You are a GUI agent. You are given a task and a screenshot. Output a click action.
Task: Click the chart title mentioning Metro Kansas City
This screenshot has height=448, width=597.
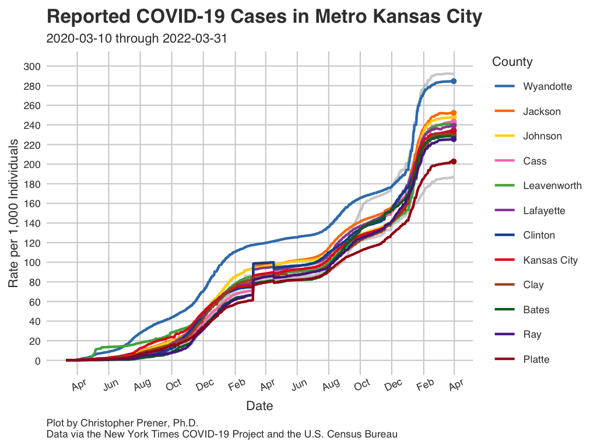(264, 17)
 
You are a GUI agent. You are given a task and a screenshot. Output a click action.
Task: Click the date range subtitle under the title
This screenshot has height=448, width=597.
(136, 39)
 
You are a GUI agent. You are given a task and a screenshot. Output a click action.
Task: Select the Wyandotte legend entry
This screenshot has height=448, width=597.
(547, 86)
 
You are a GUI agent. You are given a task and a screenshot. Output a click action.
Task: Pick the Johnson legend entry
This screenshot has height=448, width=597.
(542, 136)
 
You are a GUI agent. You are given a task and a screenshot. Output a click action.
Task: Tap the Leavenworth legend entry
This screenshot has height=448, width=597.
(552, 185)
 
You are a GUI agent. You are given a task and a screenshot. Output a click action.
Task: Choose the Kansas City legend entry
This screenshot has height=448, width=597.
(550, 260)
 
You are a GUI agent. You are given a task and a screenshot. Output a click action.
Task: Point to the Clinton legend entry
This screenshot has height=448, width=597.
(539, 235)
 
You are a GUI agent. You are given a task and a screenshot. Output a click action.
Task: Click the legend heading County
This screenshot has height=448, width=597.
(512, 62)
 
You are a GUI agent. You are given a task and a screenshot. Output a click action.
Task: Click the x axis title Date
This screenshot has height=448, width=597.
(259, 405)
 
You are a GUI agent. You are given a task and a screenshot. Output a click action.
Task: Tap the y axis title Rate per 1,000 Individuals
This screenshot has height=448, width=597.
(14, 213)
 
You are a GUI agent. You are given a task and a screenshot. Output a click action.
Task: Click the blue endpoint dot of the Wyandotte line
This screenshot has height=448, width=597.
(454, 81)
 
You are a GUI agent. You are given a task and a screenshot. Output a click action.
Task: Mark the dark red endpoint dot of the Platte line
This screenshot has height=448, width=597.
(453, 162)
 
